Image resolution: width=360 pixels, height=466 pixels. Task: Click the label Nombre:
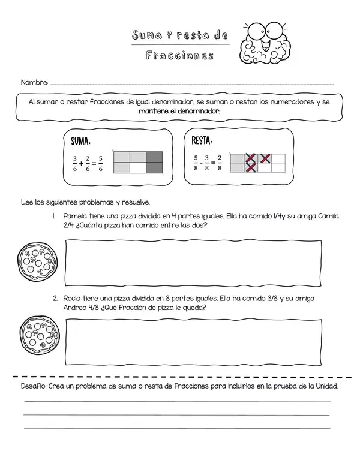(34, 82)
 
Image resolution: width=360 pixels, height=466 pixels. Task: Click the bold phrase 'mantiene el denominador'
(179, 111)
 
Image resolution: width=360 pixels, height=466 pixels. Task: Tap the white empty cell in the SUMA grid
(138, 169)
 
